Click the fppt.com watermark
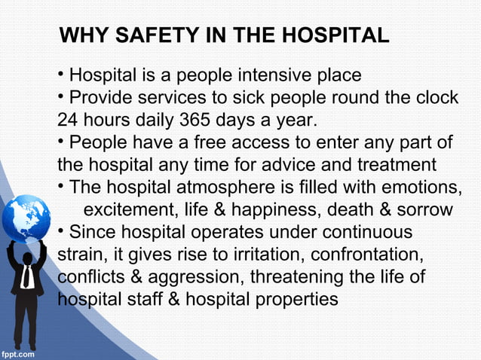tap(17, 352)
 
